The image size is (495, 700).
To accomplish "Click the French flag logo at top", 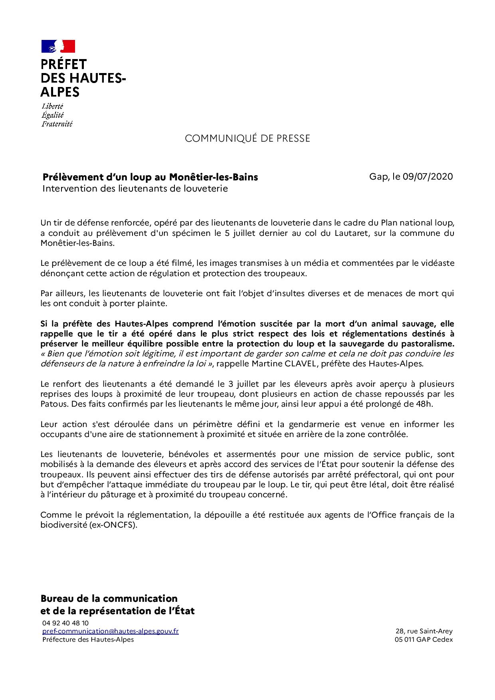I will click(x=58, y=46).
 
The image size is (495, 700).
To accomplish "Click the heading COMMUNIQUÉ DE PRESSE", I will click(x=247, y=138).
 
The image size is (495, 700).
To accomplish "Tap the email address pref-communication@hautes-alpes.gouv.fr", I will click(x=111, y=631).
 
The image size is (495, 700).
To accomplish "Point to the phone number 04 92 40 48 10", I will click(x=65, y=623).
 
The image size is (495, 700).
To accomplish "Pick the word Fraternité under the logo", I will click(x=57, y=124).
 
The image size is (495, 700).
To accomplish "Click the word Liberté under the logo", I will click(x=52, y=106).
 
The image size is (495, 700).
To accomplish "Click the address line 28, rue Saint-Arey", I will click(x=424, y=631).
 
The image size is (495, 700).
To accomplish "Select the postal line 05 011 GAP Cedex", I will click(x=424, y=639).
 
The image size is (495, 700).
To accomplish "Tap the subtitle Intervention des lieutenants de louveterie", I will click(x=135, y=188).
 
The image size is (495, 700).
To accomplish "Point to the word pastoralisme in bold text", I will click(x=429, y=343).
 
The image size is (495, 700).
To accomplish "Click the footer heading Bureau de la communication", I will click(x=109, y=598).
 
